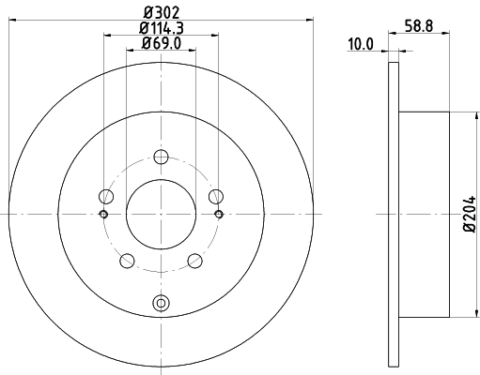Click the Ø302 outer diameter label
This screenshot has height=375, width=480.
pos(161,13)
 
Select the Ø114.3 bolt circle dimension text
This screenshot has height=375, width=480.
pos(161,28)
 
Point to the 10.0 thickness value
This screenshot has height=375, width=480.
pos(361,43)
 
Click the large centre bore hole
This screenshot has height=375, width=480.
pos(161,214)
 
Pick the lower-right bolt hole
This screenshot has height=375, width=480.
pos(194,260)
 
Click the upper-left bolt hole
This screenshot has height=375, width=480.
pos(106,196)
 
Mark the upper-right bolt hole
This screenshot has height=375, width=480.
pos(215,196)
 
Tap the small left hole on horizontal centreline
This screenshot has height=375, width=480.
pos(103,214)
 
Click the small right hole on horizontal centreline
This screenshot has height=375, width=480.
pos(218,214)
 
